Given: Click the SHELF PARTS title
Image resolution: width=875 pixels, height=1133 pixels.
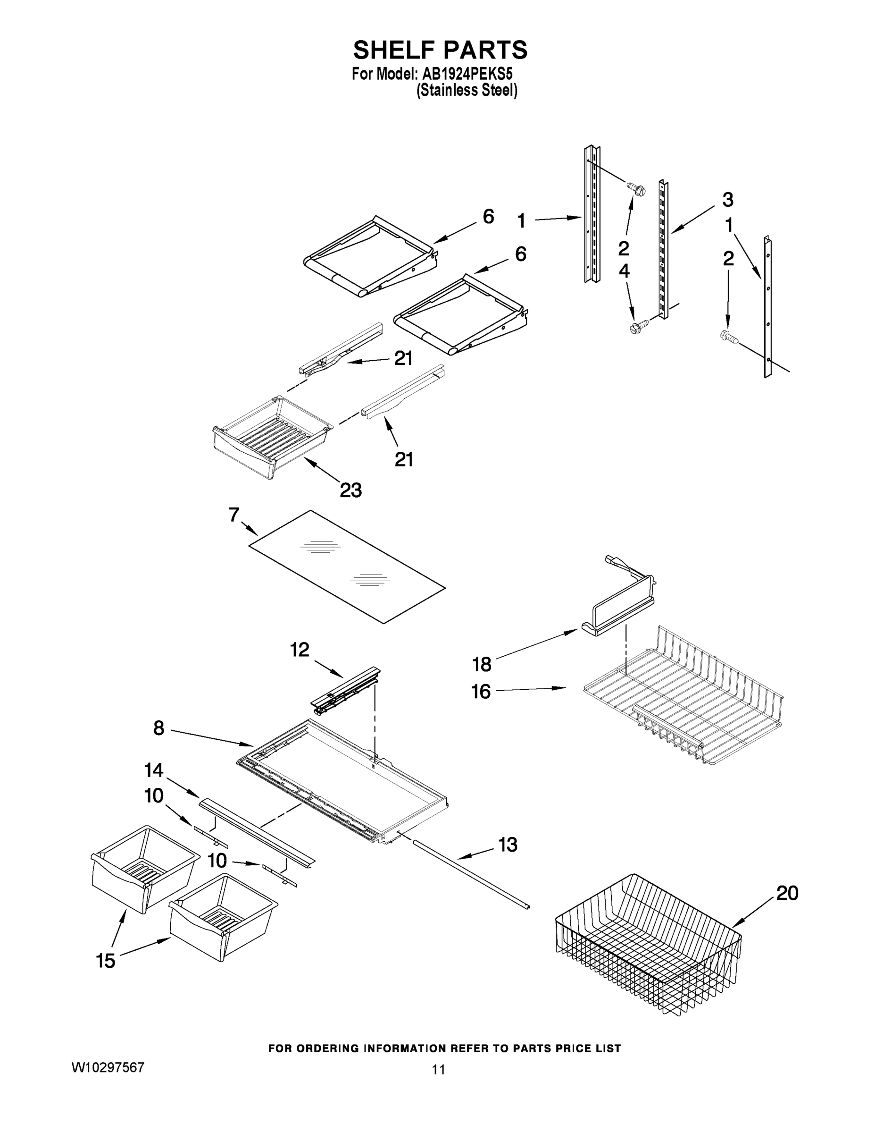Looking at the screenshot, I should tap(440, 51).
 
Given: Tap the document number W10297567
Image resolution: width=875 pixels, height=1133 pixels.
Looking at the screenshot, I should tap(108, 1067).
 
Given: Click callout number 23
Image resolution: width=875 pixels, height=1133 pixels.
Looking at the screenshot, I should tap(350, 490).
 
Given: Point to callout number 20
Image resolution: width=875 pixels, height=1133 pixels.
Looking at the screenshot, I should tap(787, 893).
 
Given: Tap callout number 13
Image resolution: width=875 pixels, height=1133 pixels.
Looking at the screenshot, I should tap(508, 845).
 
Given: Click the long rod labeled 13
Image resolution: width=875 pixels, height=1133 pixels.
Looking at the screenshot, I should tap(469, 877).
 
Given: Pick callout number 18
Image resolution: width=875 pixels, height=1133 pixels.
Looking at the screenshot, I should tap(482, 664).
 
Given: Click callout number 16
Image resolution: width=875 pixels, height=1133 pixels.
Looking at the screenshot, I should tap(481, 692).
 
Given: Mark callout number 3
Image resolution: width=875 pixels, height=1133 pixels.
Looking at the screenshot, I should tap(728, 199).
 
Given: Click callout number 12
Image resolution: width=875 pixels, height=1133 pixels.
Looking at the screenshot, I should tap(300, 650).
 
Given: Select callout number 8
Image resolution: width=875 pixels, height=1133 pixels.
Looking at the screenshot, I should tap(158, 728).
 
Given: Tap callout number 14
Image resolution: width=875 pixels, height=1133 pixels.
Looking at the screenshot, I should tap(153, 770).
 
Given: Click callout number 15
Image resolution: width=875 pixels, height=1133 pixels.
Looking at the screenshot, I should tap(106, 961).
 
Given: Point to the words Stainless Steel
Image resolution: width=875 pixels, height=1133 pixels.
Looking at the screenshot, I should tap(467, 91).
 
